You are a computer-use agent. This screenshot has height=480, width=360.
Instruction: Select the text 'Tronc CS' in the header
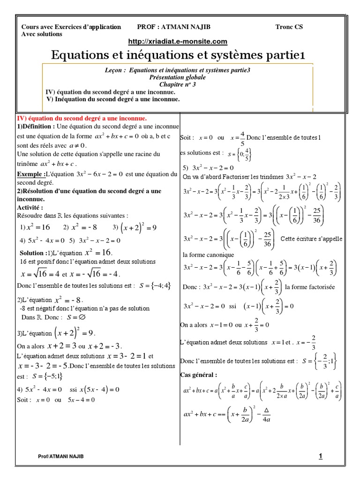(289, 27)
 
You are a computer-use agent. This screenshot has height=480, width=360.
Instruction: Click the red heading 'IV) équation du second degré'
(82, 119)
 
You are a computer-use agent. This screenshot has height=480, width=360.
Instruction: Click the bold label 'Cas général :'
(199, 375)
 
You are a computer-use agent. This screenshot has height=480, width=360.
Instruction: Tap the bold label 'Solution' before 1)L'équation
(32, 253)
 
